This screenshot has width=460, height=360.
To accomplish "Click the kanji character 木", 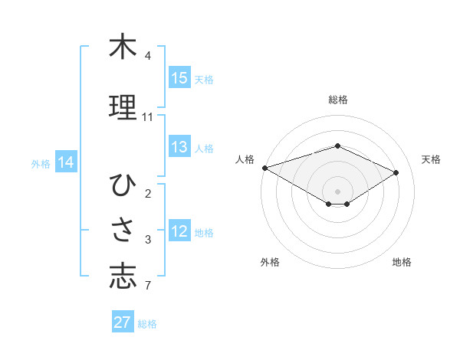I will tap(123, 47).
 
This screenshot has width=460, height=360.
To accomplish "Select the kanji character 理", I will tap(123, 106).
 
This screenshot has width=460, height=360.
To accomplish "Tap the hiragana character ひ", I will tap(123, 186).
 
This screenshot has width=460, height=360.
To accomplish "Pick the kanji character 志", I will tap(123, 277).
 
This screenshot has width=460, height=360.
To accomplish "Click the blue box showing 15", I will tap(179, 78).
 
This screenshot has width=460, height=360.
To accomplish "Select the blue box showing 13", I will tap(179, 147).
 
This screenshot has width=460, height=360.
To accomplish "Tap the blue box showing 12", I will tap(179, 232).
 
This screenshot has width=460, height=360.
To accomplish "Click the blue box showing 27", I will tap(123, 322).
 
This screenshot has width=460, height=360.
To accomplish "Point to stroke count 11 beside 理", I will tap(147, 117).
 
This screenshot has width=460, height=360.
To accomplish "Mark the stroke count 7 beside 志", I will tap(147, 286).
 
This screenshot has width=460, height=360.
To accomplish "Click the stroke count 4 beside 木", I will tap(147, 56).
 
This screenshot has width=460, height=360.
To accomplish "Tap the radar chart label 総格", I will tap(338, 100).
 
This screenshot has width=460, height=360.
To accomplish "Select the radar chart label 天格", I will tap(431, 159).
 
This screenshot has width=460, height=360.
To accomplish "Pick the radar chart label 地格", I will tap(402, 262).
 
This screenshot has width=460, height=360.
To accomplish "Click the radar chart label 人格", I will tap(245, 159).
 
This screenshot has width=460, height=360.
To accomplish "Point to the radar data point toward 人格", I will tap(264, 167).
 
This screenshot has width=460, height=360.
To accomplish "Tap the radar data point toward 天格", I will tap(396, 172).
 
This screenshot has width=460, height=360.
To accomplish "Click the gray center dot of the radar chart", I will tap(337, 191).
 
